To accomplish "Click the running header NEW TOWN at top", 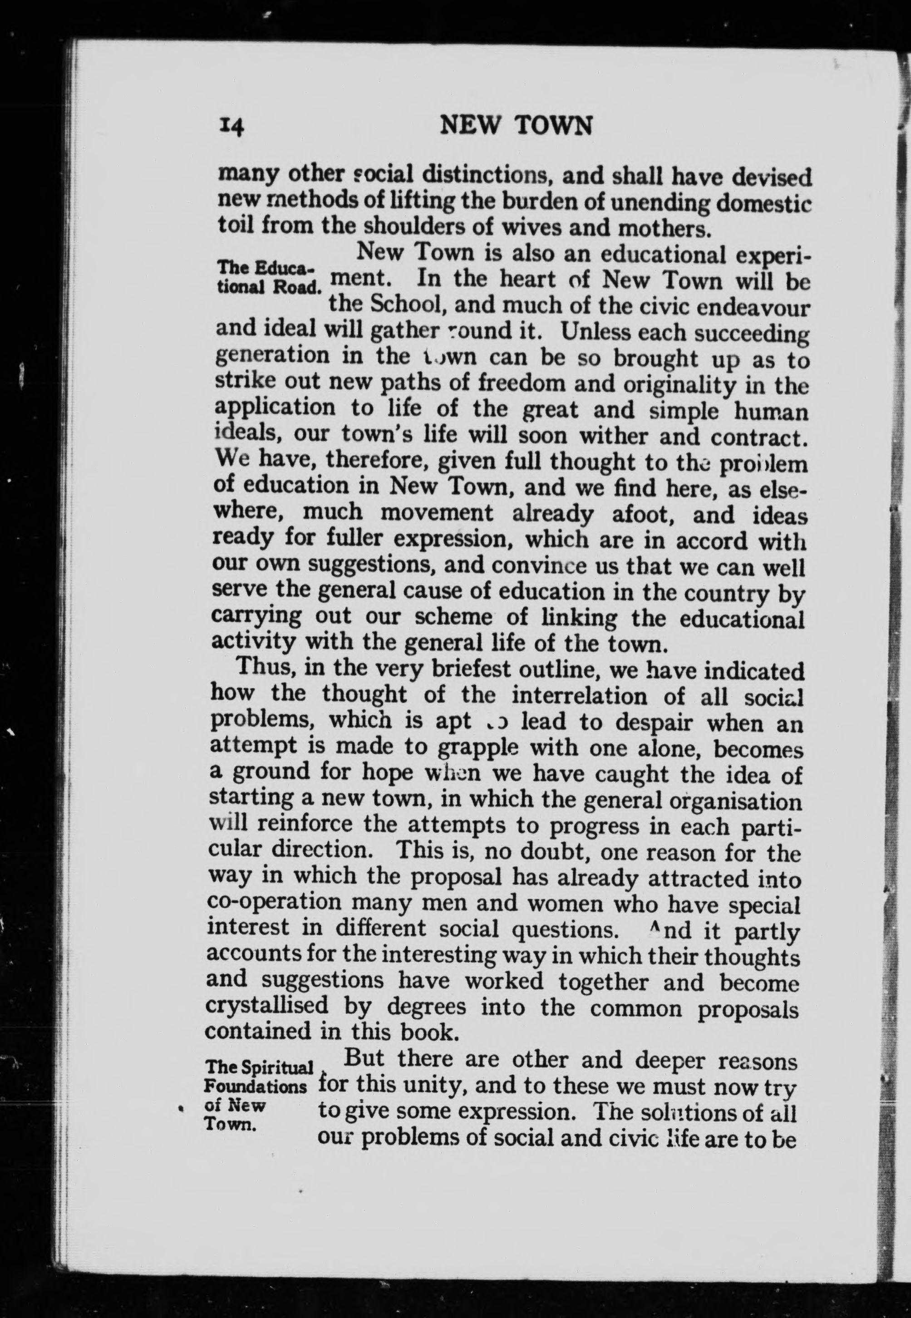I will pyautogui.click(x=517, y=126).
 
